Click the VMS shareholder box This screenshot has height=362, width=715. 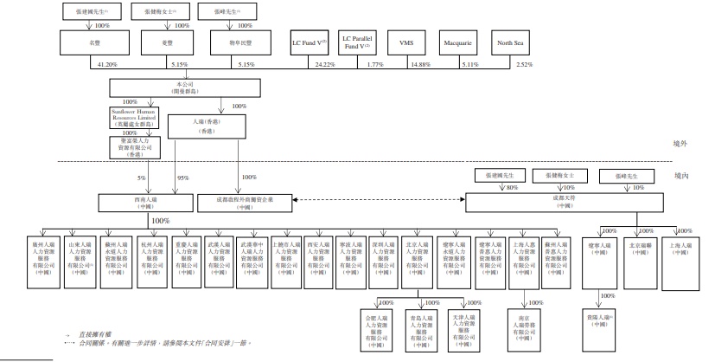405,42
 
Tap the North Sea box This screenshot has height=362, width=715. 509,42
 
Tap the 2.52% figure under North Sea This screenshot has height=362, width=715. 525,65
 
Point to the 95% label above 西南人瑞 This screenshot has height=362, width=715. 183,178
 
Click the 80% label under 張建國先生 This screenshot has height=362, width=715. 512,187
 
